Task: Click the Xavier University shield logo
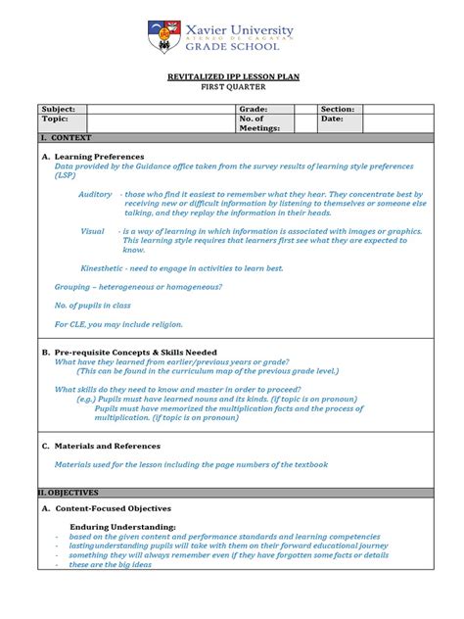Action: tap(163, 38)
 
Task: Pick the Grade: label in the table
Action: tap(254, 109)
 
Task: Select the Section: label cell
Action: tap(338, 109)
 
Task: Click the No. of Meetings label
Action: tap(259, 122)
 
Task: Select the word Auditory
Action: tap(95, 195)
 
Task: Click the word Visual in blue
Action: tap(92, 231)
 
